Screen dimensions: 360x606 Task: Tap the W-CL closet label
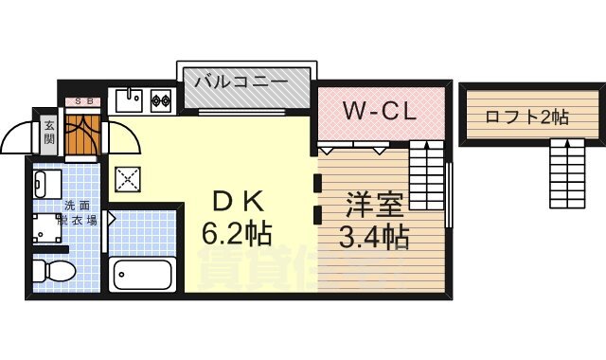pyautogui.click(x=380, y=112)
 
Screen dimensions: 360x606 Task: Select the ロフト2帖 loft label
pyautogui.click(x=526, y=117)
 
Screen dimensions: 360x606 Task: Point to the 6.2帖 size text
pyautogui.click(x=236, y=233)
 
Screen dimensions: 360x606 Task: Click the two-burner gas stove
pyautogui.click(x=158, y=98)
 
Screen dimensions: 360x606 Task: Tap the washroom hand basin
pyautogui.click(x=46, y=181)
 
